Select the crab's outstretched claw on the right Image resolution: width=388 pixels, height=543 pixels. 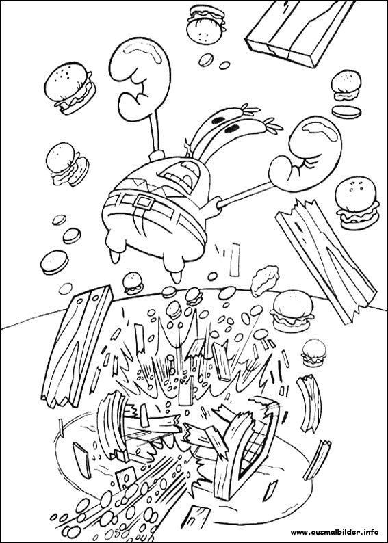click(x=305, y=154)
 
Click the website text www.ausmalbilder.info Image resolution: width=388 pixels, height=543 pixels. click(x=335, y=531)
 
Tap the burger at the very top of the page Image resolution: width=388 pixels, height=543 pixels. click(x=206, y=24)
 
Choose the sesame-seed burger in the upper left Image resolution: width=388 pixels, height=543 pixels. click(x=70, y=88)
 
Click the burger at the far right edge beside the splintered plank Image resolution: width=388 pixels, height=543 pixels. click(x=357, y=203)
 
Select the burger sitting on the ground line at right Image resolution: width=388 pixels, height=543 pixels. click(x=292, y=311)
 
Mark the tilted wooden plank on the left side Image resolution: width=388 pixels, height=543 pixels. click(x=77, y=346)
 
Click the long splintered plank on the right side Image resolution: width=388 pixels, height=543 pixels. click(x=326, y=261)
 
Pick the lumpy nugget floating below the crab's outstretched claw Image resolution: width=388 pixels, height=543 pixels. click(x=265, y=280)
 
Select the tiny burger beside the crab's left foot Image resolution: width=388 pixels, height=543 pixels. click(x=133, y=283)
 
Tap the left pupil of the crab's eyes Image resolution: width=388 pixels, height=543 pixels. click(x=218, y=120)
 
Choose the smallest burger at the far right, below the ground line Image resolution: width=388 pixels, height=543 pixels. click(x=314, y=352)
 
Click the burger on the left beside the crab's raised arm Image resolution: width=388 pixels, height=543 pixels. click(x=68, y=163)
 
